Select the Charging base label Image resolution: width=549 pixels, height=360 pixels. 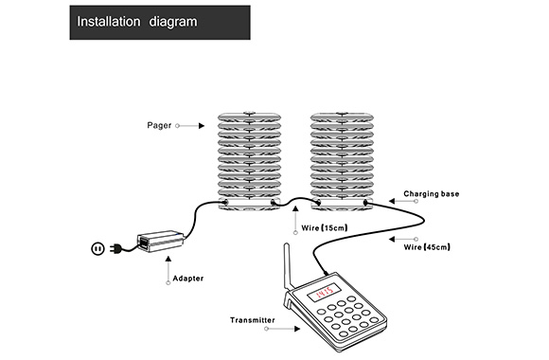point(431,193)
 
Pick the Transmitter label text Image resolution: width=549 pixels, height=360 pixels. point(253,320)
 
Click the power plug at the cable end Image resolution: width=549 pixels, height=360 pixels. point(97,248)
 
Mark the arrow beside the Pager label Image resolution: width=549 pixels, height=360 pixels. point(192,124)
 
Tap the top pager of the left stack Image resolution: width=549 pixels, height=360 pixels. point(249,118)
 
